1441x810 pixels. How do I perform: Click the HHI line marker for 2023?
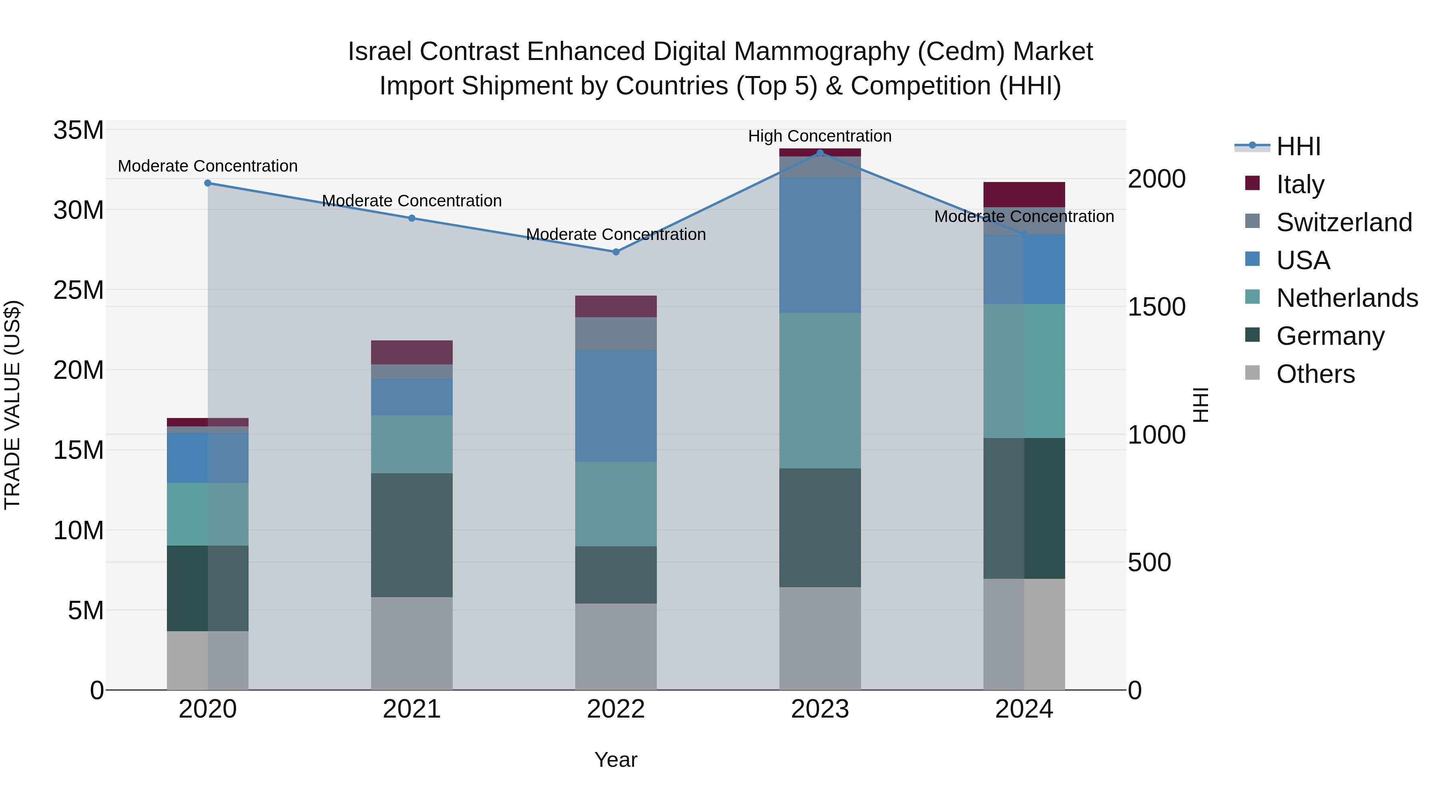(x=820, y=153)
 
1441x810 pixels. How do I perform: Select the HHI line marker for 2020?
(x=207, y=183)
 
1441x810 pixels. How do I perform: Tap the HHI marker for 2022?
(x=616, y=252)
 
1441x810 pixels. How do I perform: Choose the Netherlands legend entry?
(x=1347, y=298)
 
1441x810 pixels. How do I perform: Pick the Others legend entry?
(x=1315, y=374)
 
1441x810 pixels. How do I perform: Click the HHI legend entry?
(x=1298, y=146)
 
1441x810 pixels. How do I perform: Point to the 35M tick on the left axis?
(x=78, y=130)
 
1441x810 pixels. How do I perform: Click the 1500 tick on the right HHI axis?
(x=1156, y=307)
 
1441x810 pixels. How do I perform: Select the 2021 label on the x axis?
(x=412, y=709)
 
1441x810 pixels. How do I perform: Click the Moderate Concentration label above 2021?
(x=412, y=201)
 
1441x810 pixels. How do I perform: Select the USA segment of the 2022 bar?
(x=616, y=406)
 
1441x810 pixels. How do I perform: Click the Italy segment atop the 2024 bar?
(x=1024, y=194)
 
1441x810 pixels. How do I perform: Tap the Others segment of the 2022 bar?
(x=616, y=646)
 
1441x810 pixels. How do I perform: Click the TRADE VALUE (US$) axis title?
(x=12, y=405)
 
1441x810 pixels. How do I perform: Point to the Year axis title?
(x=616, y=760)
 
